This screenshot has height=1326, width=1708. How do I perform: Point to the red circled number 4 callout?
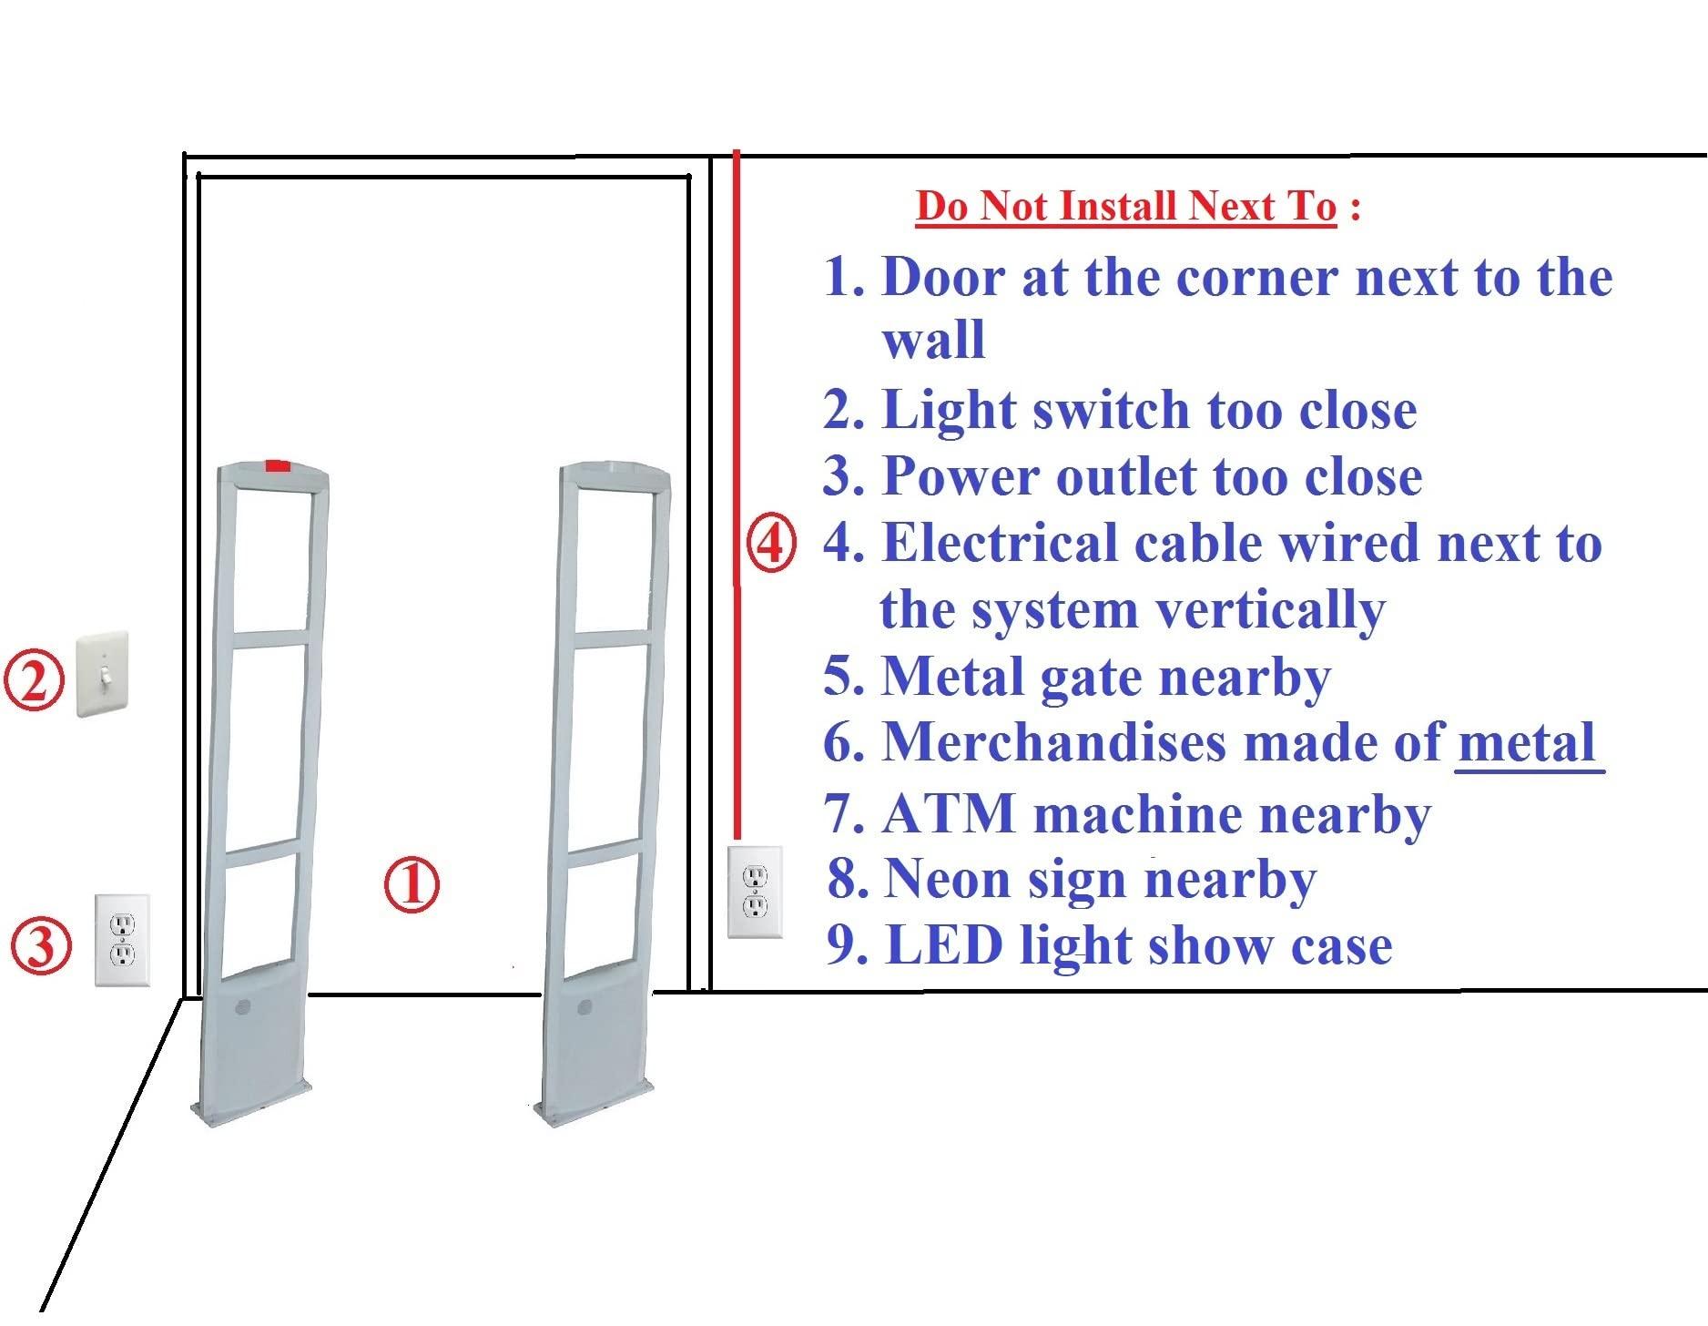click(x=771, y=544)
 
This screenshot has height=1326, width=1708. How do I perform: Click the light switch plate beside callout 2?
click(x=102, y=675)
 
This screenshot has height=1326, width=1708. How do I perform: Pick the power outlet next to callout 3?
click(x=122, y=940)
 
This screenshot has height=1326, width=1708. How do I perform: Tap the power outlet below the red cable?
click(x=755, y=892)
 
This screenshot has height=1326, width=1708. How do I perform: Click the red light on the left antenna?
click(x=278, y=466)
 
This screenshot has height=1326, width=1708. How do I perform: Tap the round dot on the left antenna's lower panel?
click(x=242, y=1007)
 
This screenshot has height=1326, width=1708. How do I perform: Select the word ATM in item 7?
click(x=948, y=813)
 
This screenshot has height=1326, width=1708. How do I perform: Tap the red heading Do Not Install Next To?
click(x=1126, y=206)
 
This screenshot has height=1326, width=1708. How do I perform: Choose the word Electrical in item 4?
click(x=1001, y=544)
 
